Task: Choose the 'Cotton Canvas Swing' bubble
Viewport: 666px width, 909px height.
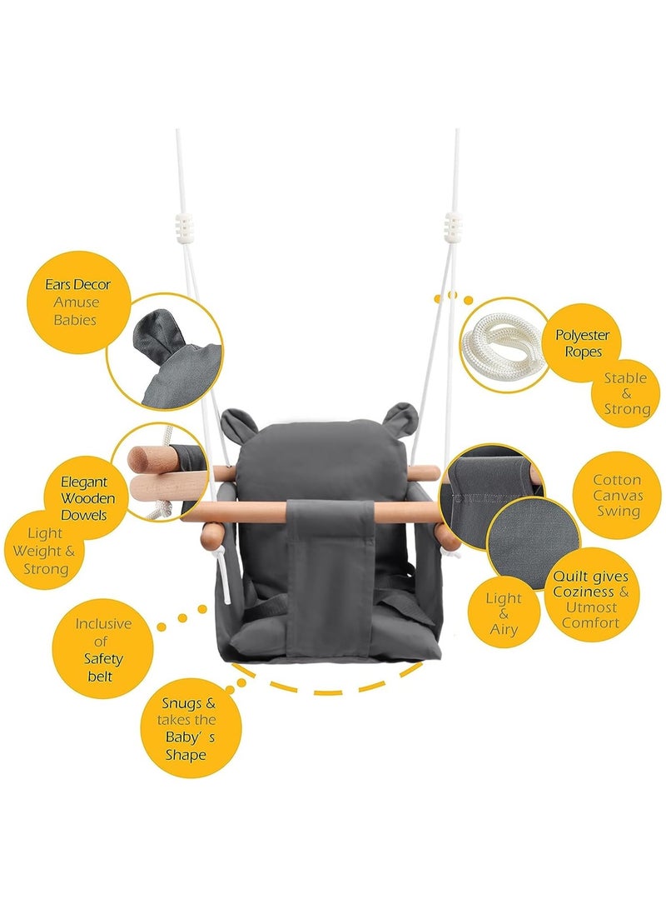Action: [616, 497]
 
